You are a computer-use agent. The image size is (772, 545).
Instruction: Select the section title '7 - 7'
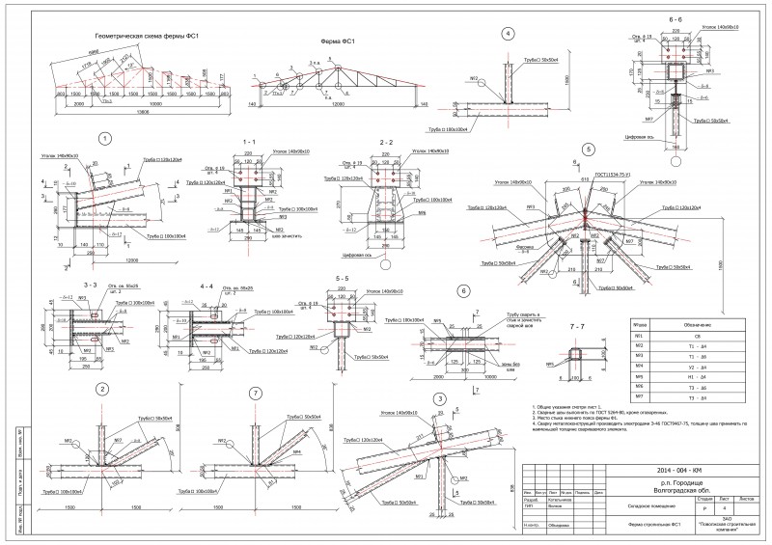pos(577,326)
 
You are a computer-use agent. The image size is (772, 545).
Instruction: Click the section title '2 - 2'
pos(386,141)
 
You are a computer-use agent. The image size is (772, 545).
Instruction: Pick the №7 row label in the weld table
pos(638,396)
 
